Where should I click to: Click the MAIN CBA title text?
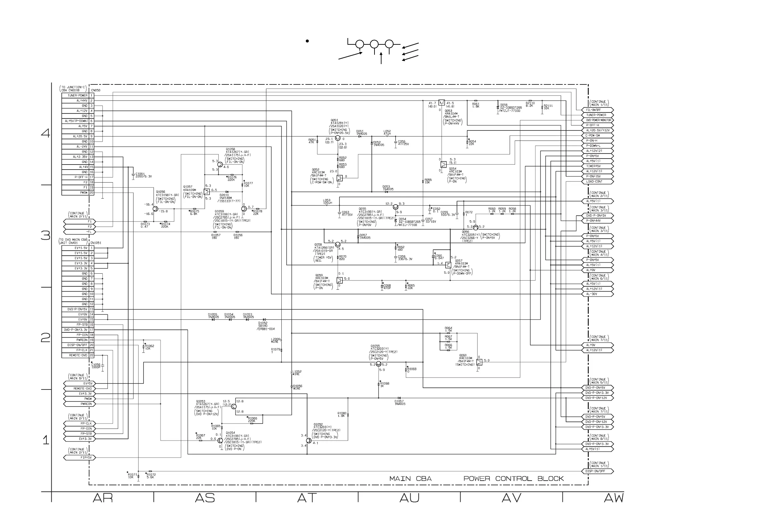coord(410,479)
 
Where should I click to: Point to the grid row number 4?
coord(46,134)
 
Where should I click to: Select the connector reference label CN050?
coord(95,90)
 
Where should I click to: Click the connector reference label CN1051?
coord(96,243)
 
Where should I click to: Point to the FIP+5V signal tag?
coord(79,458)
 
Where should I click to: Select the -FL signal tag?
coord(79,232)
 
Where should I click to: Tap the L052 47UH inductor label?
coord(387,132)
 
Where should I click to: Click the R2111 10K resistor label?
coord(548,107)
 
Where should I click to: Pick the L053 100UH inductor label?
coord(327,202)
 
